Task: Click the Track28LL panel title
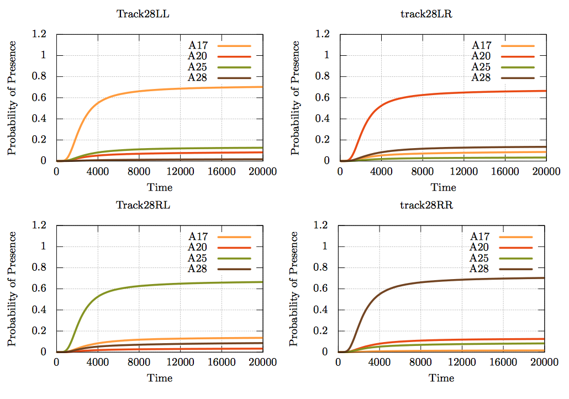pyautogui.click(x=143, y=14)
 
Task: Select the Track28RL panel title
pyautogui.click(x=143, y=205)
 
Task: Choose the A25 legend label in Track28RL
pyautogui.click(x=197, y=258)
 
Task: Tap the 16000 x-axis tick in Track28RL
pyautogui.click(x=221, y=363)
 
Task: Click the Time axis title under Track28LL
pyautogui.click(x=160, y=187)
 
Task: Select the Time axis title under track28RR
pyautogui.click(x=441, y=378)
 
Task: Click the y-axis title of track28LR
pyautogui.click(x=296, y=97)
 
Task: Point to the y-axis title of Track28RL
pyautogui.click(x=12, y=288)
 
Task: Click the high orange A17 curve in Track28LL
pyautogui.click(x=166, y=90)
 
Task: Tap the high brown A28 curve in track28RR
pyautogui.click(x=442, y=280)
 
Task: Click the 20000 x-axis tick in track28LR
pyautogui.click(x=546, y=172)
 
